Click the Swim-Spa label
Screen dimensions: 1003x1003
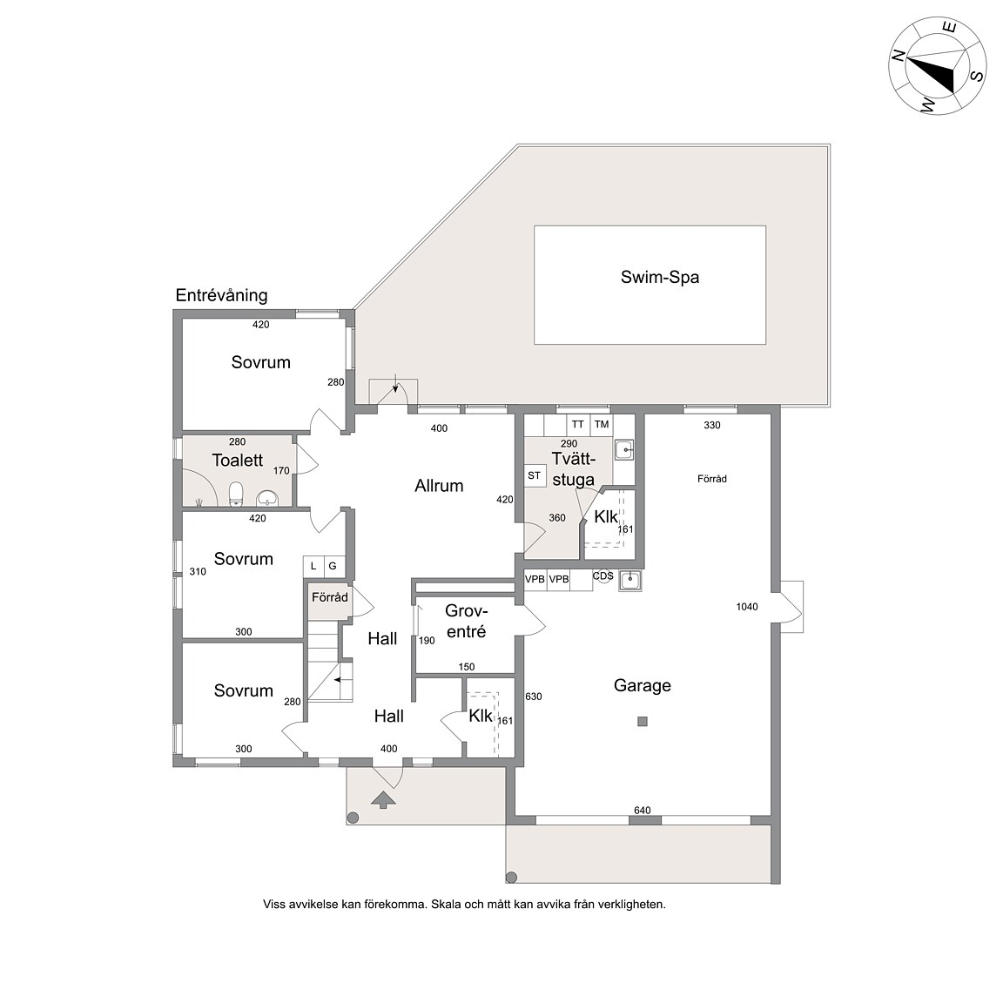(659, 277)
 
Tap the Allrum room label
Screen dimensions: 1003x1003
(439, 486)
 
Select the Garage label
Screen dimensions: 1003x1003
(643, 686)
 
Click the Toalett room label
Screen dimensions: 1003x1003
(238, 460)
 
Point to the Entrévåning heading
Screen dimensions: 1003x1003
(221, 295)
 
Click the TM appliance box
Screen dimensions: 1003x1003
(602, 424)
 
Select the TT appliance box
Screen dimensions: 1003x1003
(577, 424)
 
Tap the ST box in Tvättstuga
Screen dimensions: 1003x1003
(534, 476)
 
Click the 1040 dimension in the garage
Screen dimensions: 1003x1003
(746, 606)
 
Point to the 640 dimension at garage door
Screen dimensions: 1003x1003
(643, 810)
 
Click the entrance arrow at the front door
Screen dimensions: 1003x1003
(383, 799)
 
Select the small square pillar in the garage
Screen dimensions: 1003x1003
(643, 722)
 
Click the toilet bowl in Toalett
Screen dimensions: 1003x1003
(237, 493)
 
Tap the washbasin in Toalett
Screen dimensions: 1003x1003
(267, 498)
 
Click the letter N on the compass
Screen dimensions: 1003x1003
(899, 56)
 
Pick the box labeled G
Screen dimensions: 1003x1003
(333, 566)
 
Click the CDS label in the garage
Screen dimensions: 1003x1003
(602, 576)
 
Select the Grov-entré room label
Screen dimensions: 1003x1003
(467, 621)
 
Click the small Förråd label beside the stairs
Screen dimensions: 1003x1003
(329, 597)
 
